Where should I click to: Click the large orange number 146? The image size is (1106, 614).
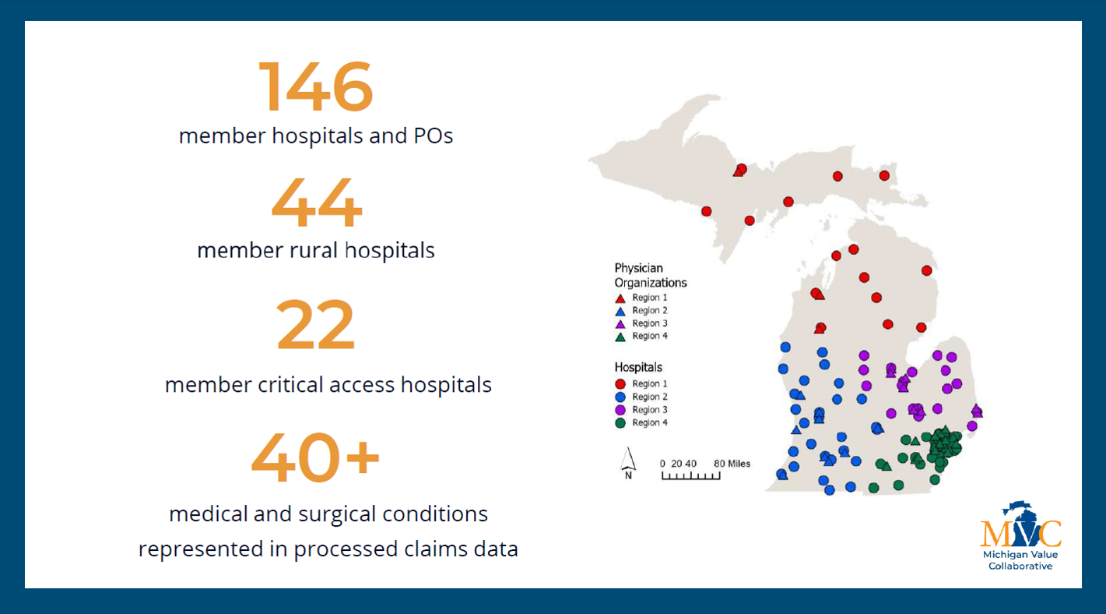tap(315, 86)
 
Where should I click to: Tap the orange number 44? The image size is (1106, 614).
tap(317, 203)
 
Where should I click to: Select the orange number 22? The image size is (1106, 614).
tap(315, 324)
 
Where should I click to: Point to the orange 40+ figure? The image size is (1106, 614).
tap(315, 457)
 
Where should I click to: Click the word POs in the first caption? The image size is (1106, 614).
tap(433, 136)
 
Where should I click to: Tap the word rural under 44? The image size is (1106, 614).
tap(314, 250)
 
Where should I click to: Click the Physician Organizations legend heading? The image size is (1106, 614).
tap(650, 275)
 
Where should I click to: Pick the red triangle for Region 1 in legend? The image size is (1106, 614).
tap(620, 298)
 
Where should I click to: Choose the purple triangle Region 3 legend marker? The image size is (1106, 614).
tap(620, 324)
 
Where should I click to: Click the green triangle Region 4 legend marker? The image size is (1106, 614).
tap(620, 337)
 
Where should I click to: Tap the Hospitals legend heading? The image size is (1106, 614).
tap(638, 367)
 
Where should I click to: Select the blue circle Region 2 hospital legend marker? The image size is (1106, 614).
tap(620, 397)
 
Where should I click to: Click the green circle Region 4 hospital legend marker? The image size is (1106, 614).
tap(620, 422)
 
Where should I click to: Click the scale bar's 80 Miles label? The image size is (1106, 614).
tap(732, 464)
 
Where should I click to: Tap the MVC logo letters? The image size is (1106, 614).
tap(1020, 532)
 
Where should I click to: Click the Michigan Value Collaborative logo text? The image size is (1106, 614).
tap(1020, 560)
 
